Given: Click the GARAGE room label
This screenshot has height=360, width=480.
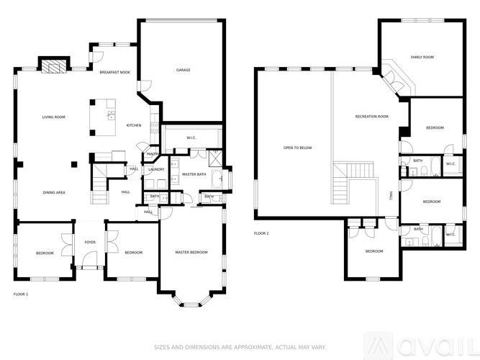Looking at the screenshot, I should click(184, 70).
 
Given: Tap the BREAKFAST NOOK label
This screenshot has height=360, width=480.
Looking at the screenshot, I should click(114, 73).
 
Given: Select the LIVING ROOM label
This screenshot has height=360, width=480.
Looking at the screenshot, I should click(54, 117).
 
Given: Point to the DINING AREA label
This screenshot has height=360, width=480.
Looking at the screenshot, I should click(54, 192).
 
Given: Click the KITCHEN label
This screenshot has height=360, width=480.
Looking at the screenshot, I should click(134, 125).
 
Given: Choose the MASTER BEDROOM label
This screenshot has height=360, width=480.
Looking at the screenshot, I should click(191, 252).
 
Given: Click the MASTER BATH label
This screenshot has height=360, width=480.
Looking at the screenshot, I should click(194, 174).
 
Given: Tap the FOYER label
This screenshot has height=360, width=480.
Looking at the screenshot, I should click(90, 243).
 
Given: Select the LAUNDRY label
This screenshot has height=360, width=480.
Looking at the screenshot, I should click(156, 170).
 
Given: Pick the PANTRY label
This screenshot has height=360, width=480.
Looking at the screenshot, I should click(153, 154).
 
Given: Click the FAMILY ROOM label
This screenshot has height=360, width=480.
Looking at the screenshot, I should click(422, 57).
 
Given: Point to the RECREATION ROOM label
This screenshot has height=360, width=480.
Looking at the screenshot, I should click(371, 117).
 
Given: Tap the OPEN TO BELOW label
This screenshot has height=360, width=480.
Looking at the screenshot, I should click(296, 148).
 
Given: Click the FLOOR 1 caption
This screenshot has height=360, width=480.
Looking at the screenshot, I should click(21, 294).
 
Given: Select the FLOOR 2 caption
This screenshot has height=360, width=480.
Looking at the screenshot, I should click(261, 233).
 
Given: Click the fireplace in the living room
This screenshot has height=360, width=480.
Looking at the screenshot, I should click(52, 67).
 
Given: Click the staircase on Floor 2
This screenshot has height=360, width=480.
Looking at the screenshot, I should click(353, 181).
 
